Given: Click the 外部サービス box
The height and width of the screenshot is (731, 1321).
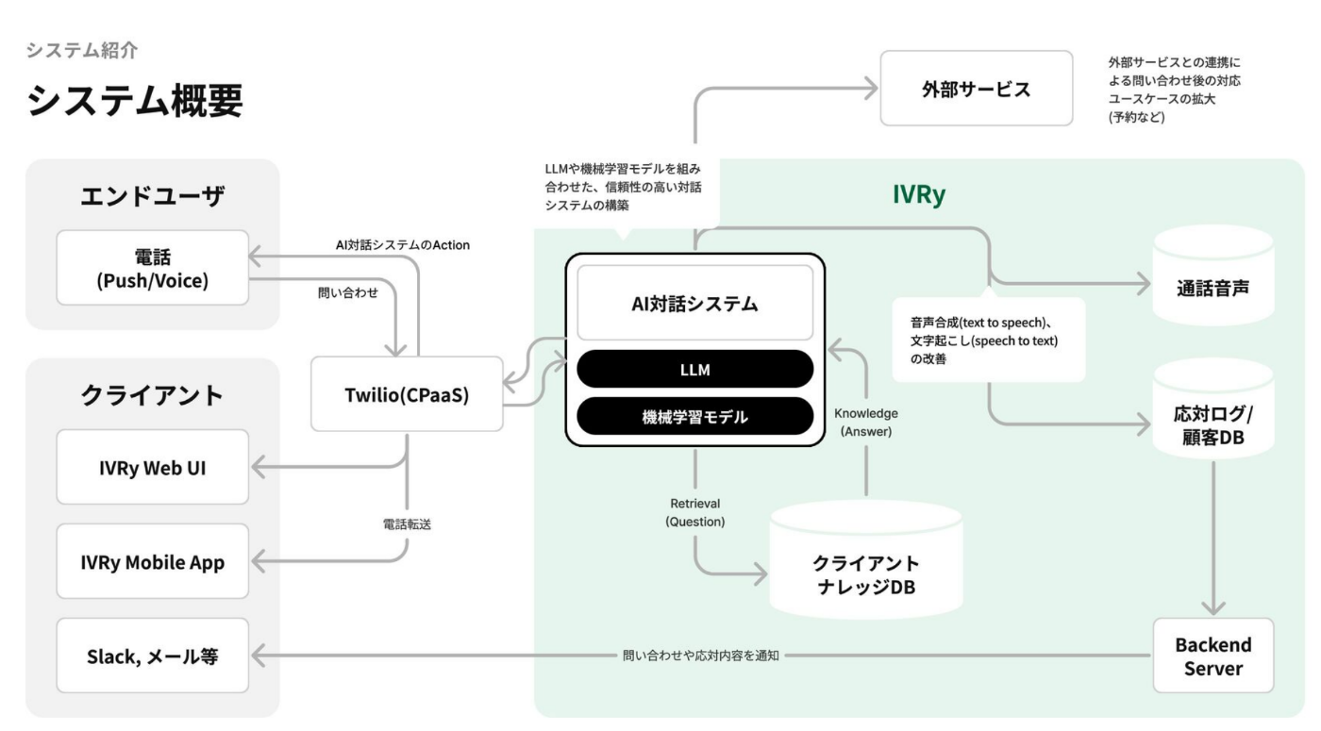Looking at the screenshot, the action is [976, 89].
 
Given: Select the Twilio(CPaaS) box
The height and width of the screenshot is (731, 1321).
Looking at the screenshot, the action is [407, 394].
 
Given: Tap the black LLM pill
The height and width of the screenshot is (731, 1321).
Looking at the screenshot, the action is [694, 369].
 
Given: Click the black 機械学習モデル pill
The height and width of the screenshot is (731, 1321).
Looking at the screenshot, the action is [694, 416].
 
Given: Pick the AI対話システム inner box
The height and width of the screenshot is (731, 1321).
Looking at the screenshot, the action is [694, 303].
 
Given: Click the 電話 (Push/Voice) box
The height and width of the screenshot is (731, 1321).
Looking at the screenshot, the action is [152, 268].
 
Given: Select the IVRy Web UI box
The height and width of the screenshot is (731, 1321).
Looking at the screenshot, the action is [152, 467].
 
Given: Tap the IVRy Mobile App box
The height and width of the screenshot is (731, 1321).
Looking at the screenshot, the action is [152, 561].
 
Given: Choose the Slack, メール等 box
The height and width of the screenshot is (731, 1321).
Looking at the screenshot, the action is [152, 656].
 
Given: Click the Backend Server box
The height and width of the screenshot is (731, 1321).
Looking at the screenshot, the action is [1213, 656].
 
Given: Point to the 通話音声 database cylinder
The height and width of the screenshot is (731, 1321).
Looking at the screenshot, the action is [1213, 275].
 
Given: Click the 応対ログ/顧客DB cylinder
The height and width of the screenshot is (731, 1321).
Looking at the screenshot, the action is [1213, 408].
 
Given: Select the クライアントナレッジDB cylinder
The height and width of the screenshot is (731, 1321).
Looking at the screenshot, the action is [866, 559].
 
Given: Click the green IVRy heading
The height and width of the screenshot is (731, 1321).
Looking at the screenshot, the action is [919, 194].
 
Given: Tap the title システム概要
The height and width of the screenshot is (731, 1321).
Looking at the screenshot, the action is [134, 100].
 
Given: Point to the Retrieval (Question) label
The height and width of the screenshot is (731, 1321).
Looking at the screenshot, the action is [694, 512].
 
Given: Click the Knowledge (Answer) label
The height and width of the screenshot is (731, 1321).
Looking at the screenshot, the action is [866, 423].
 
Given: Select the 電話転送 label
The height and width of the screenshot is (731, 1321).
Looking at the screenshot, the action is [407, 524].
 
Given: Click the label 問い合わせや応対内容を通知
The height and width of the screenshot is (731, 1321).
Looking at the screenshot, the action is [700, 656].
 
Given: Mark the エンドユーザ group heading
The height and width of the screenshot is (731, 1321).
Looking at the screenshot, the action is [152, 196].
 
